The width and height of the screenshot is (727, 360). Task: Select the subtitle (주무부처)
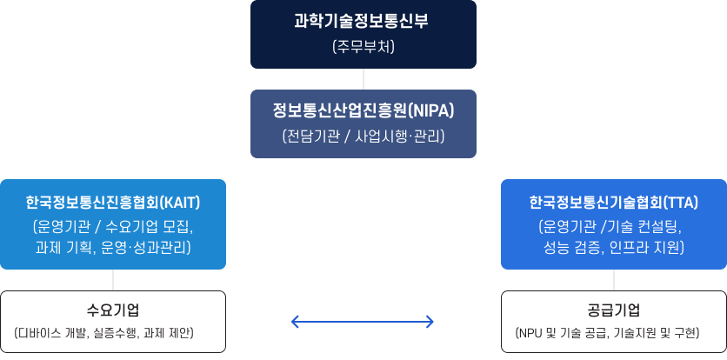tap(363, 46)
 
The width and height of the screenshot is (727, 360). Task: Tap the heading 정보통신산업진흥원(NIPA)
tap(363, 111)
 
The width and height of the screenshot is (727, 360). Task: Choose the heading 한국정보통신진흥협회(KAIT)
tap(113, 203)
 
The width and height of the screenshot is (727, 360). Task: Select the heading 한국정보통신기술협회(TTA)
tap(614, 203)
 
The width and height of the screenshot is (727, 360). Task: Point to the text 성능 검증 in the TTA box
tap(572, 248)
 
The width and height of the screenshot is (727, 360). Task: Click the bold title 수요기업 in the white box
tap(113, 310)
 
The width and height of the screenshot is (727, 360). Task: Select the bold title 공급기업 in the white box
tap(614, 310)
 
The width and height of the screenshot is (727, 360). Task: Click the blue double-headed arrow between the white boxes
tap(363, 323)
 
